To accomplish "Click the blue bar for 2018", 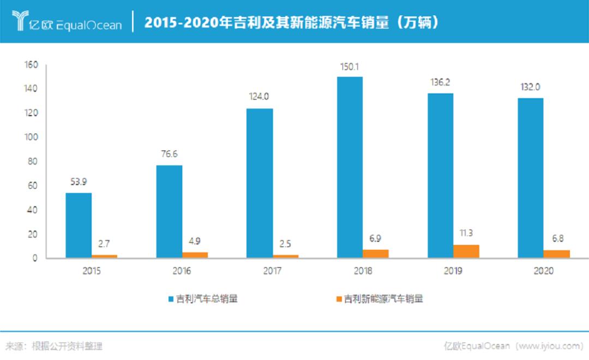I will point(350,167).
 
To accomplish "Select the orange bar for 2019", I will point(466,251).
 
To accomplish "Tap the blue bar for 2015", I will point(79,225).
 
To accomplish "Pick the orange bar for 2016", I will point(195,255).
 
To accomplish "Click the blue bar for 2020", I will point(531,178).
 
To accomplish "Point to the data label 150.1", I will point(350,68).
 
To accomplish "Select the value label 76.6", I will point(169,154).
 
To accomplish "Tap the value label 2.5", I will point(285,243).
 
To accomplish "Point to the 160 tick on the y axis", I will point(31,65).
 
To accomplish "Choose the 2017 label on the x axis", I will point(272,271).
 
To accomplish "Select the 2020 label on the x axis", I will point(543,271).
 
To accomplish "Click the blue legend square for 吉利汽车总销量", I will point(171,299).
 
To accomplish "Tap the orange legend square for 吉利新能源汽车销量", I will point(339,299).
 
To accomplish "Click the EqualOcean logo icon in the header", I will point(20,21).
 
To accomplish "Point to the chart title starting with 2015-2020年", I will point(292,22).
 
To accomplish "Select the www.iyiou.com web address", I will point(550,346).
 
